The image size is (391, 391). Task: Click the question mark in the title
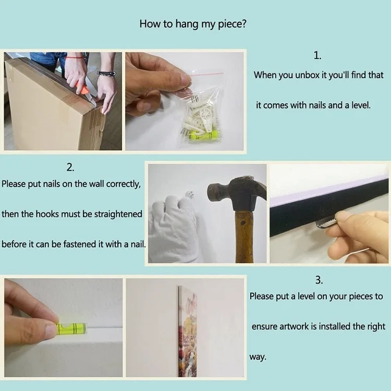pos(243,24)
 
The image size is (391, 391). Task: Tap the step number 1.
pos(317,55)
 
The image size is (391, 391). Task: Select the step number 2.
pos(70,167)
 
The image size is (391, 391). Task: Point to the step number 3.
pos(319,280)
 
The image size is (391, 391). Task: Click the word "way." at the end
pos(258,357)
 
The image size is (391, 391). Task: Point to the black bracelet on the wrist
pos(106,74)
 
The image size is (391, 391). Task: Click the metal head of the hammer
pos(236,192)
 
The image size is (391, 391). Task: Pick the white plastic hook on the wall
pos(190,194)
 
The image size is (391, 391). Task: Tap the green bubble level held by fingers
pos(71,328)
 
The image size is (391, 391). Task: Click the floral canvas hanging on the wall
pos(188,332)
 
